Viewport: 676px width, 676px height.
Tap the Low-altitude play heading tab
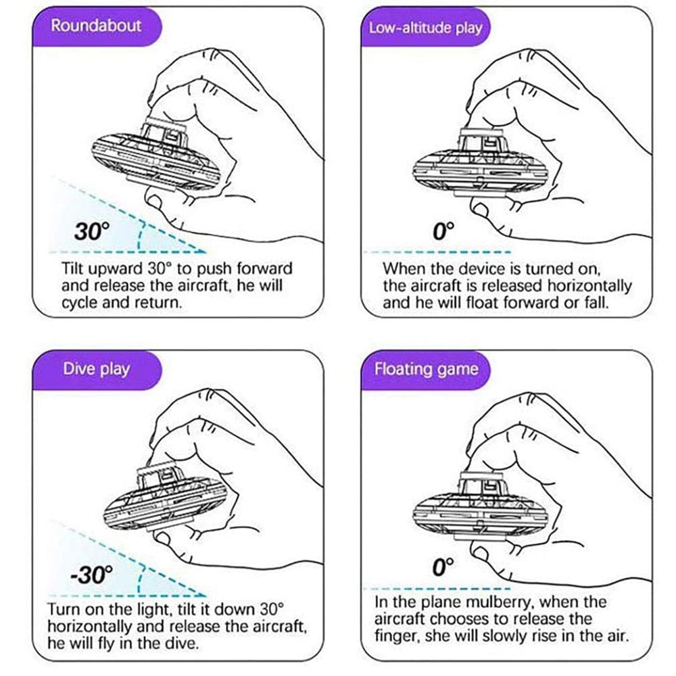(425, 28)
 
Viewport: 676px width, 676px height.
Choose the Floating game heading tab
(426, 369)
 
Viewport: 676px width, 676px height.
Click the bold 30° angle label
(92, 232)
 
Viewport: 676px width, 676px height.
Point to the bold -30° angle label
(89, 575)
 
